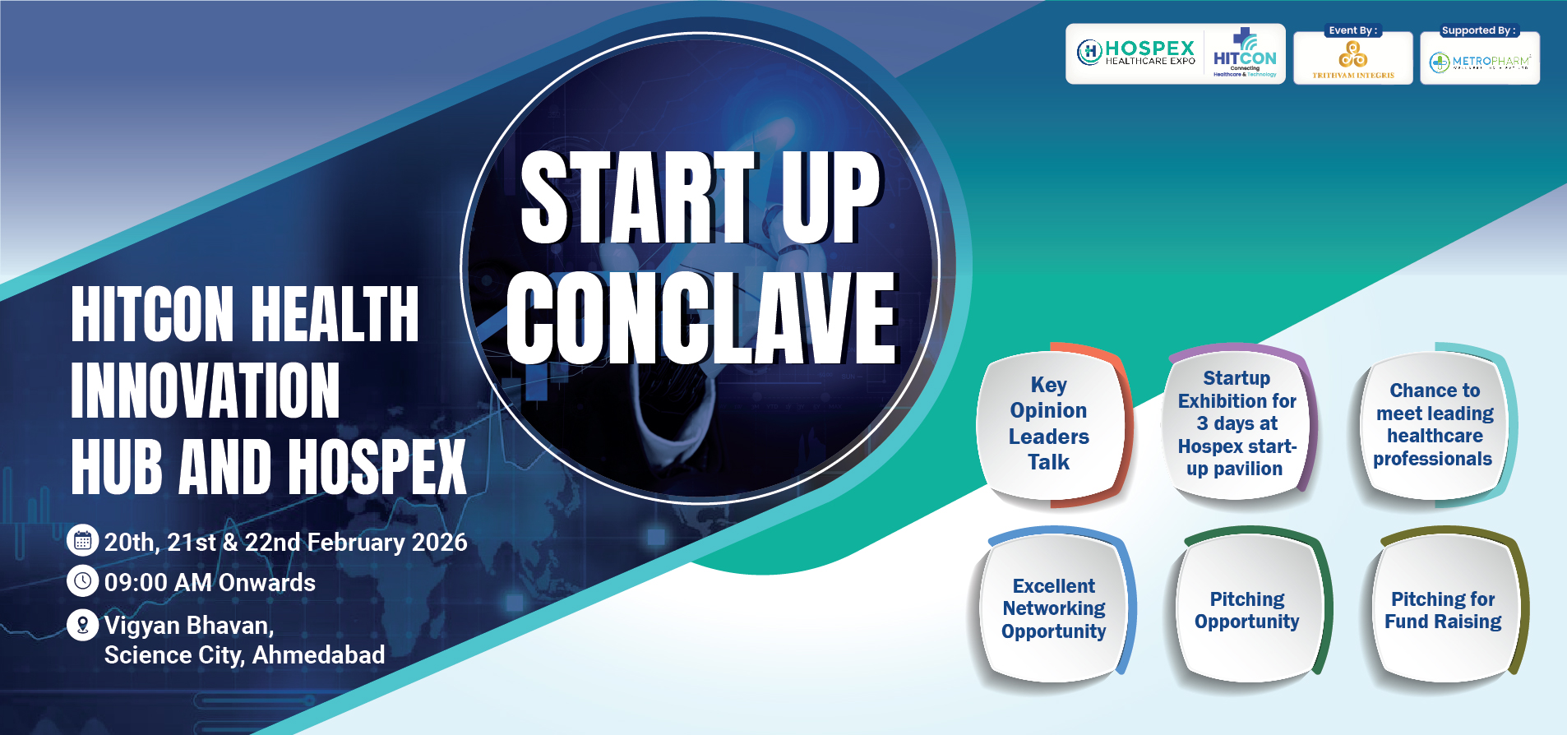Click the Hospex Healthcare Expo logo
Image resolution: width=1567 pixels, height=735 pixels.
tap(1136, 53)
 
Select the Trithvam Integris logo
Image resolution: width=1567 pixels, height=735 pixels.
tap(1353, 60)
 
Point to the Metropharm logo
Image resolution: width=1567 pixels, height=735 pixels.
tap(1480, 62)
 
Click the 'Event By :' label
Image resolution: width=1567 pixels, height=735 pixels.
tap(1352, 30)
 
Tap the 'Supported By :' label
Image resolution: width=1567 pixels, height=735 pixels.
tap(1478, 30)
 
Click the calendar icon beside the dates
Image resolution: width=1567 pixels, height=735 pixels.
tap(82, 540)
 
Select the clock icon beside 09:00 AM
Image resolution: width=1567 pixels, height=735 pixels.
tap(82, 581)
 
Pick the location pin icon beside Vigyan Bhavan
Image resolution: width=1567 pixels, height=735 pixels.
tap(82, 625)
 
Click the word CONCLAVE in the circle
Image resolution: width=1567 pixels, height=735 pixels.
tap(701, 319)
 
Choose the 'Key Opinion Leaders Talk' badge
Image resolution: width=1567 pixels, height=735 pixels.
tap(1049, 423)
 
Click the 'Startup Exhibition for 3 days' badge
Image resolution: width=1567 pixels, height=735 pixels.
tap(1236, 423)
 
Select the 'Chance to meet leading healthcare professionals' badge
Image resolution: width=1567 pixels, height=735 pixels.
tap(1434, 425)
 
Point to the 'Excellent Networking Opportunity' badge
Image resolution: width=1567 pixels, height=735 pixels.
tap(1054, 608)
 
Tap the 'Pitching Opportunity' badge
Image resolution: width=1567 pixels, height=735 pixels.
tap(1246, 610)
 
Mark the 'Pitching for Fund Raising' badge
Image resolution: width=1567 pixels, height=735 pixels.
tap(1443, 610)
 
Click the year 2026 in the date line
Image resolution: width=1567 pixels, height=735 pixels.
tap(439, 543)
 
